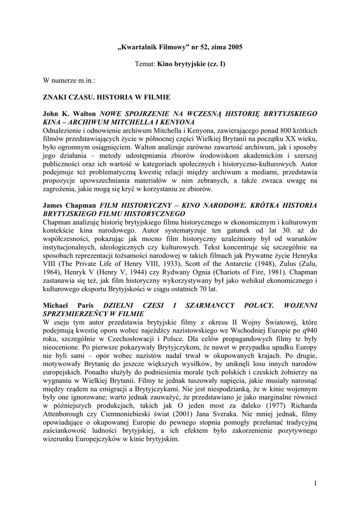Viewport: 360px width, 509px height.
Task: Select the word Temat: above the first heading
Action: (145, 64)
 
